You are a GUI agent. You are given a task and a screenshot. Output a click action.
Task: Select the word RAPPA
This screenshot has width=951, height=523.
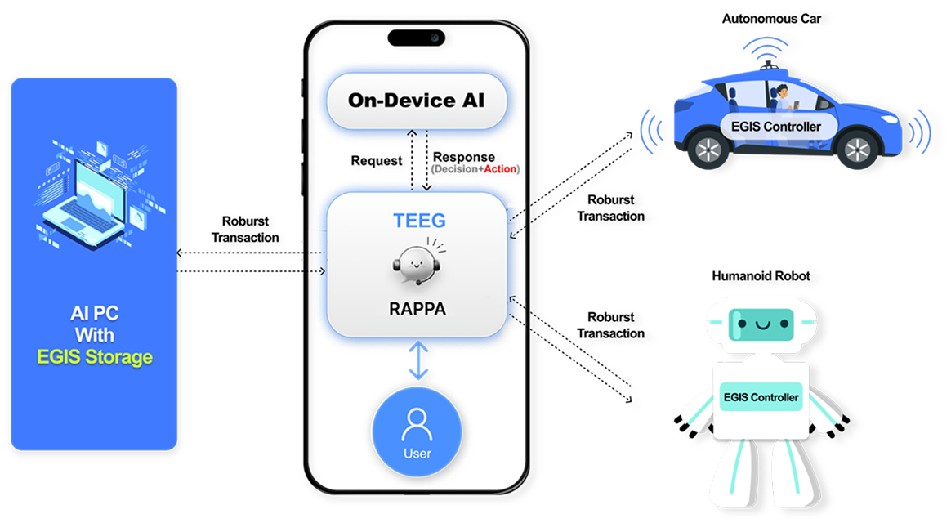pos(419,310)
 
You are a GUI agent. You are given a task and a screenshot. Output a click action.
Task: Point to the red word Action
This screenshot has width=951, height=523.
pos(500,169)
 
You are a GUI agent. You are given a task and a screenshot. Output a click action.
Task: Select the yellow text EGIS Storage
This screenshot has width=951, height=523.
pos(95,357)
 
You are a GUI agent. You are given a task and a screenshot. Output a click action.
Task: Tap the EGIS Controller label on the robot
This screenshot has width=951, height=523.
pos(761,397)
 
